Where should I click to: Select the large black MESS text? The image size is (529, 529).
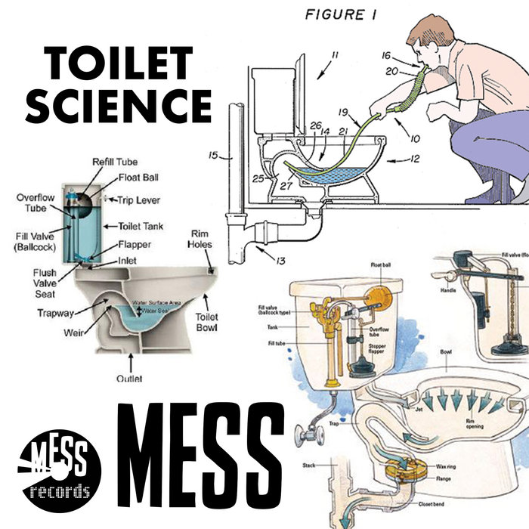click(x=200, y=458)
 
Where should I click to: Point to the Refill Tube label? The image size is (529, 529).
click(x=113, y=162)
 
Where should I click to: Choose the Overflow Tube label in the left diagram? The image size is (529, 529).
click(x=35, y=203)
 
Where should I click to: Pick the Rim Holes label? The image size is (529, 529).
click(x=200, y=239)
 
